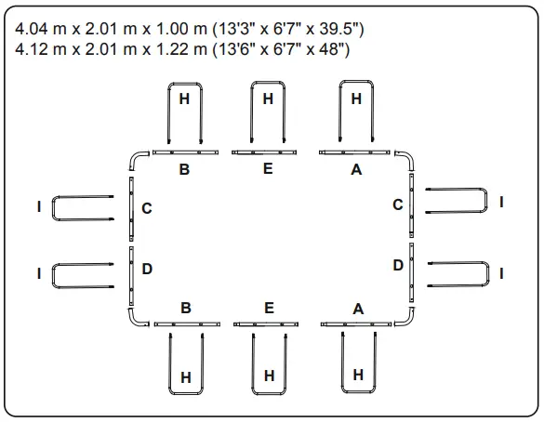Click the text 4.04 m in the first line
(41, 30)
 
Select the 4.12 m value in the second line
(41, 48)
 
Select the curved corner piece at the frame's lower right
(406, 317)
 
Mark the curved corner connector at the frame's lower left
(136, 317)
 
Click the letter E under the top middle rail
(268, 169)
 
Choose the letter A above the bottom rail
(358, 309)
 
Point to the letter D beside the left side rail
(147, 269)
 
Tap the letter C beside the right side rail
(397, 204)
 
